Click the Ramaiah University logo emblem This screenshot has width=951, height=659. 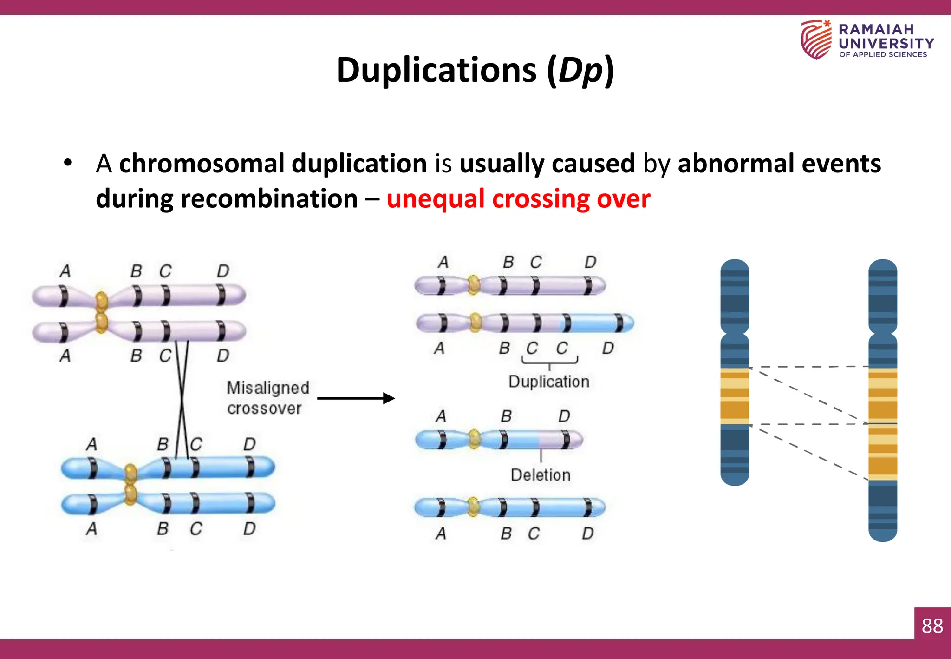(x=816, y=40)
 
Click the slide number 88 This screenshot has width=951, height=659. (x=932, y=626)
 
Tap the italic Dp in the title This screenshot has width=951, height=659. (x=580, y=71)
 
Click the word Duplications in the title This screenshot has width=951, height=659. (x=436, y=71)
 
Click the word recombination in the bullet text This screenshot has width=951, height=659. (x=269, y=199)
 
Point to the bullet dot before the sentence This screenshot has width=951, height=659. (x=68, y=164)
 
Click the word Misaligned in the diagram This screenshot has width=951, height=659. (x=267, y=388)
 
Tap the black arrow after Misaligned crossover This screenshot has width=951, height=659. (x=356, y=398)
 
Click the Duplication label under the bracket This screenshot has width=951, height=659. (x=548, y=382)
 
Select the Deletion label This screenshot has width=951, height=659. (x=540, y=475)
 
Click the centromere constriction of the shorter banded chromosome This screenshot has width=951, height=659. (x=734, y=334)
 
